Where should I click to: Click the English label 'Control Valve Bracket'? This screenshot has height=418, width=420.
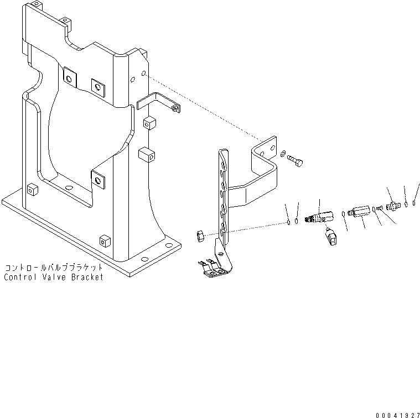tap(54, 278)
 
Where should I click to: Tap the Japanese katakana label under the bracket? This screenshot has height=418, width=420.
tap(54, 267)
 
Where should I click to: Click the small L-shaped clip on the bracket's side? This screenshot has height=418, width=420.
tap(158, 104)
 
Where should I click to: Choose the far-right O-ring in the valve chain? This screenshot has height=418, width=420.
tap(414, 202)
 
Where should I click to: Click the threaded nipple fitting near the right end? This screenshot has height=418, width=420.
tap(394, 206)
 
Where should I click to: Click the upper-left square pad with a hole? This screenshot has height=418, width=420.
tap(70, 77)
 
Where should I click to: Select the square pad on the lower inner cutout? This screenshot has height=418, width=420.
tap(99, 179)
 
